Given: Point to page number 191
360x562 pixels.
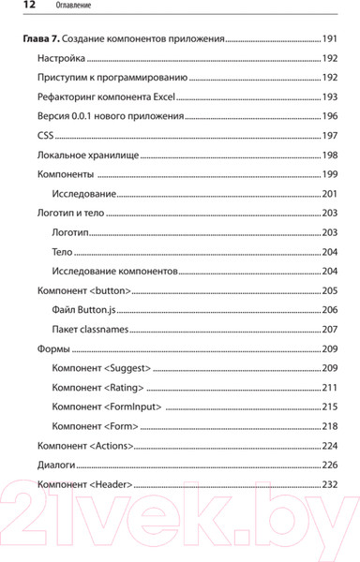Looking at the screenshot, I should click(x=329, y=41).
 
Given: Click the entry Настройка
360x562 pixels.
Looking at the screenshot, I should click(x=60, y=59).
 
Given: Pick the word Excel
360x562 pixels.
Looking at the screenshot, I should click(x=162, y=97).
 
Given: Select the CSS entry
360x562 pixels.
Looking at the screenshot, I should click(x=45, y=137).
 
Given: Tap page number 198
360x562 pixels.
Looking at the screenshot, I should click(x=329, y=155).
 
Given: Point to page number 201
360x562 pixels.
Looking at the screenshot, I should click(x=329, y=194).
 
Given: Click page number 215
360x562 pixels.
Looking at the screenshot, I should click(x=329, y=407).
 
